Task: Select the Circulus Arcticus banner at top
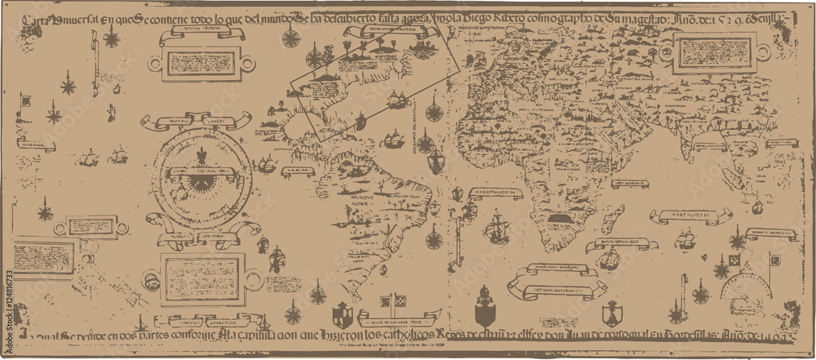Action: point(200,36)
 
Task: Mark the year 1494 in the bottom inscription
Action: point(771,337)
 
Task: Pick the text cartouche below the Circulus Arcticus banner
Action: point(201,61)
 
